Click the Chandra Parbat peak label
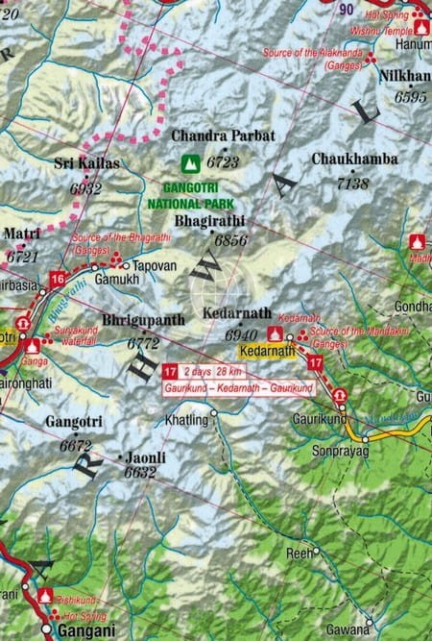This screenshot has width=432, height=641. click(x=223, y=136)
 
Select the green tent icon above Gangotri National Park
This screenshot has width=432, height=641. click(x=191, y=163)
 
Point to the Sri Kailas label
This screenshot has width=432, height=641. click(x=87, y=163)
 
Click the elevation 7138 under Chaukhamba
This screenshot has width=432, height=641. click(x=354, y=183)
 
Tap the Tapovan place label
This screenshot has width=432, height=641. click(x=155, y=264)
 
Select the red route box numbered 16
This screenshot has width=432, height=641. click(x=58, y=280)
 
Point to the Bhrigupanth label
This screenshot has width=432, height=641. click(x=143, y=319)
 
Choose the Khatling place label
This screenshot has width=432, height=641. click(x=186, y=420)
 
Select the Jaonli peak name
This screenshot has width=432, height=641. click(x=141, y=458)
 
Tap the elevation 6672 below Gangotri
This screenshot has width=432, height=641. click(x=75, y=446)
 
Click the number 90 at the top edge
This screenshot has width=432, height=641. click(x=347, y=10)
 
